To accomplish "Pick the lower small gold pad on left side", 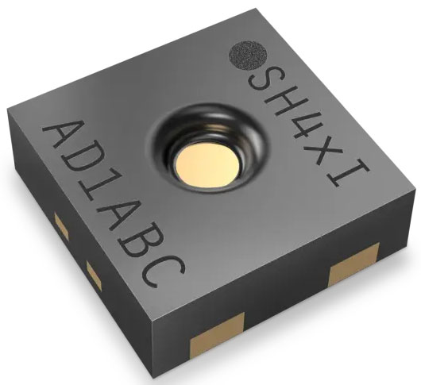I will (95, 275).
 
